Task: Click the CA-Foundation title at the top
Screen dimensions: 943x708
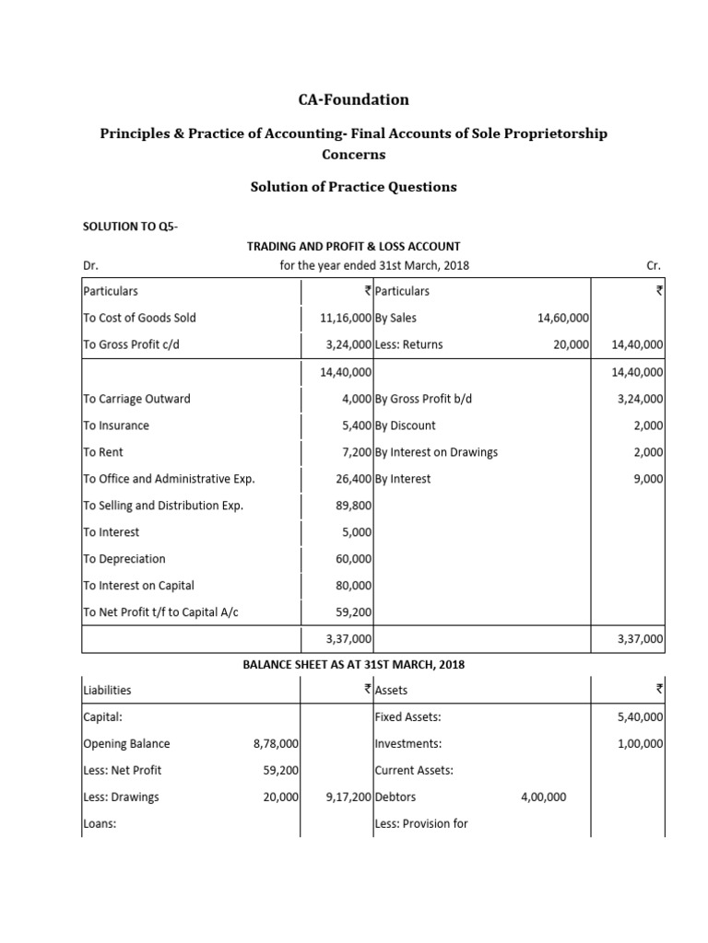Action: pos(353,99)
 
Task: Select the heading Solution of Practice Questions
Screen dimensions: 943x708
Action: pos(353,187)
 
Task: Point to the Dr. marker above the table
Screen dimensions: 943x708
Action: pos(90,265)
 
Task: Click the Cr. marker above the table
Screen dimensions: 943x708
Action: pos(655,265)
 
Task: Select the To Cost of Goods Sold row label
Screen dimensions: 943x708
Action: pos(139,318)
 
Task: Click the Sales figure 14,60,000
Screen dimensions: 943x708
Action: pos(562,318)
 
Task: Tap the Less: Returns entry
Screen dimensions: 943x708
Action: pos(409,344)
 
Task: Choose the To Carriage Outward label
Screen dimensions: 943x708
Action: pos(136,399)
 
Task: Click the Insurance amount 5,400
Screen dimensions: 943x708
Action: pos(356,425)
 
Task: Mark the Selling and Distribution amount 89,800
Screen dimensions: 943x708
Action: pos(353,506)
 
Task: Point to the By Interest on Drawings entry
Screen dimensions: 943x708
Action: pos(436,452)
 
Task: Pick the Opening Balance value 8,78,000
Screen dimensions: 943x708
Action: pos(275,744)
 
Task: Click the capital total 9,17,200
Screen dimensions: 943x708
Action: pos(348,797)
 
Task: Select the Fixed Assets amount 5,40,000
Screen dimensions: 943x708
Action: pos(638,716)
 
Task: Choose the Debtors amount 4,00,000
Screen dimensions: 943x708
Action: pos(544,797)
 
